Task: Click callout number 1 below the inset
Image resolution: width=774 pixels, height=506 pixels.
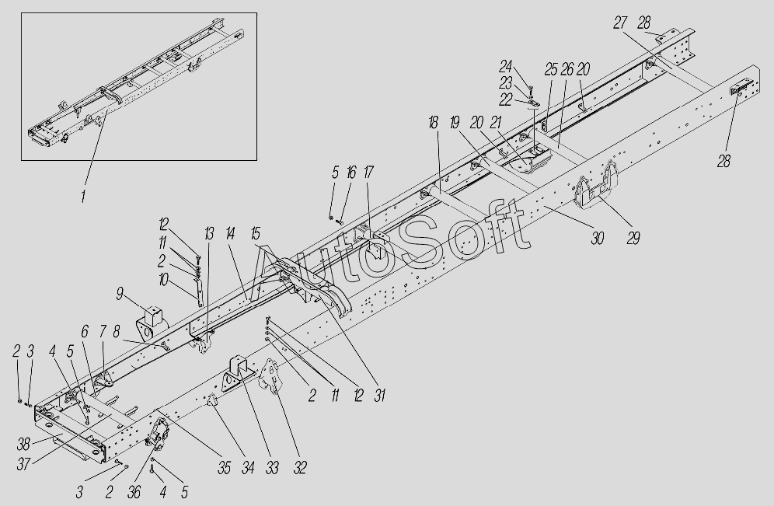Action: point(83,196)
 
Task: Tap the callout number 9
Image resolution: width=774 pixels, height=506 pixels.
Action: point(120,295)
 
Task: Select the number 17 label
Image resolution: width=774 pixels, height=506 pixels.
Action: point(368,173)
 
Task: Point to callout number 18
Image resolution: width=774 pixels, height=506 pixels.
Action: point(434,123)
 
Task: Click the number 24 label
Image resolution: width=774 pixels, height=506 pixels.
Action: point(505,66)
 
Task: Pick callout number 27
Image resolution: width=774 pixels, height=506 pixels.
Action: point(620,23)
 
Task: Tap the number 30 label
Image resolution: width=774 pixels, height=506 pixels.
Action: point(598,238)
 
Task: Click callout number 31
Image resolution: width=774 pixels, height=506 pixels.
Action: point(379,396)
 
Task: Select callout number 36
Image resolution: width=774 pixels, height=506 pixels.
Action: point(134,492)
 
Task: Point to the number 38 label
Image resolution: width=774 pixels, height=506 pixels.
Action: point(23,445)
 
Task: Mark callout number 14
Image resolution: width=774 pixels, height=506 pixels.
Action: point(231,233)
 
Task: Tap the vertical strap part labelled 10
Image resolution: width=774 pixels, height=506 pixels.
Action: point(200,291)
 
